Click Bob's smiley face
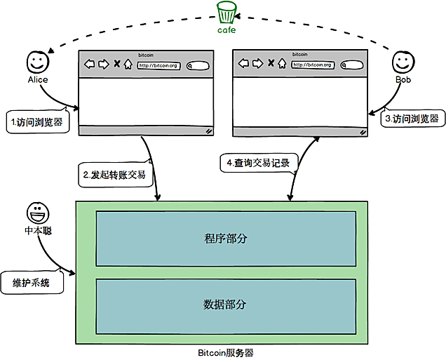[x=401, y=62]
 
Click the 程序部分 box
[x=225, y=239]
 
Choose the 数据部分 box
[x=225, y=305]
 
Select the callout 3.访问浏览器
[x=412, y=119]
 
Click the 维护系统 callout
[x=32, y=284]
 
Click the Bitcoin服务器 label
[x=225, y=352]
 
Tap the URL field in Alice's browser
[x=158, y=65]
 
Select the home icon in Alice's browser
[x=128, y=65]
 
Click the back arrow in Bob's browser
[x=243, y=64]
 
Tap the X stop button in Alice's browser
[x=116, y=65]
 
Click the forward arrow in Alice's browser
[x=103, y=65]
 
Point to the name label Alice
[x=37, y=79]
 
